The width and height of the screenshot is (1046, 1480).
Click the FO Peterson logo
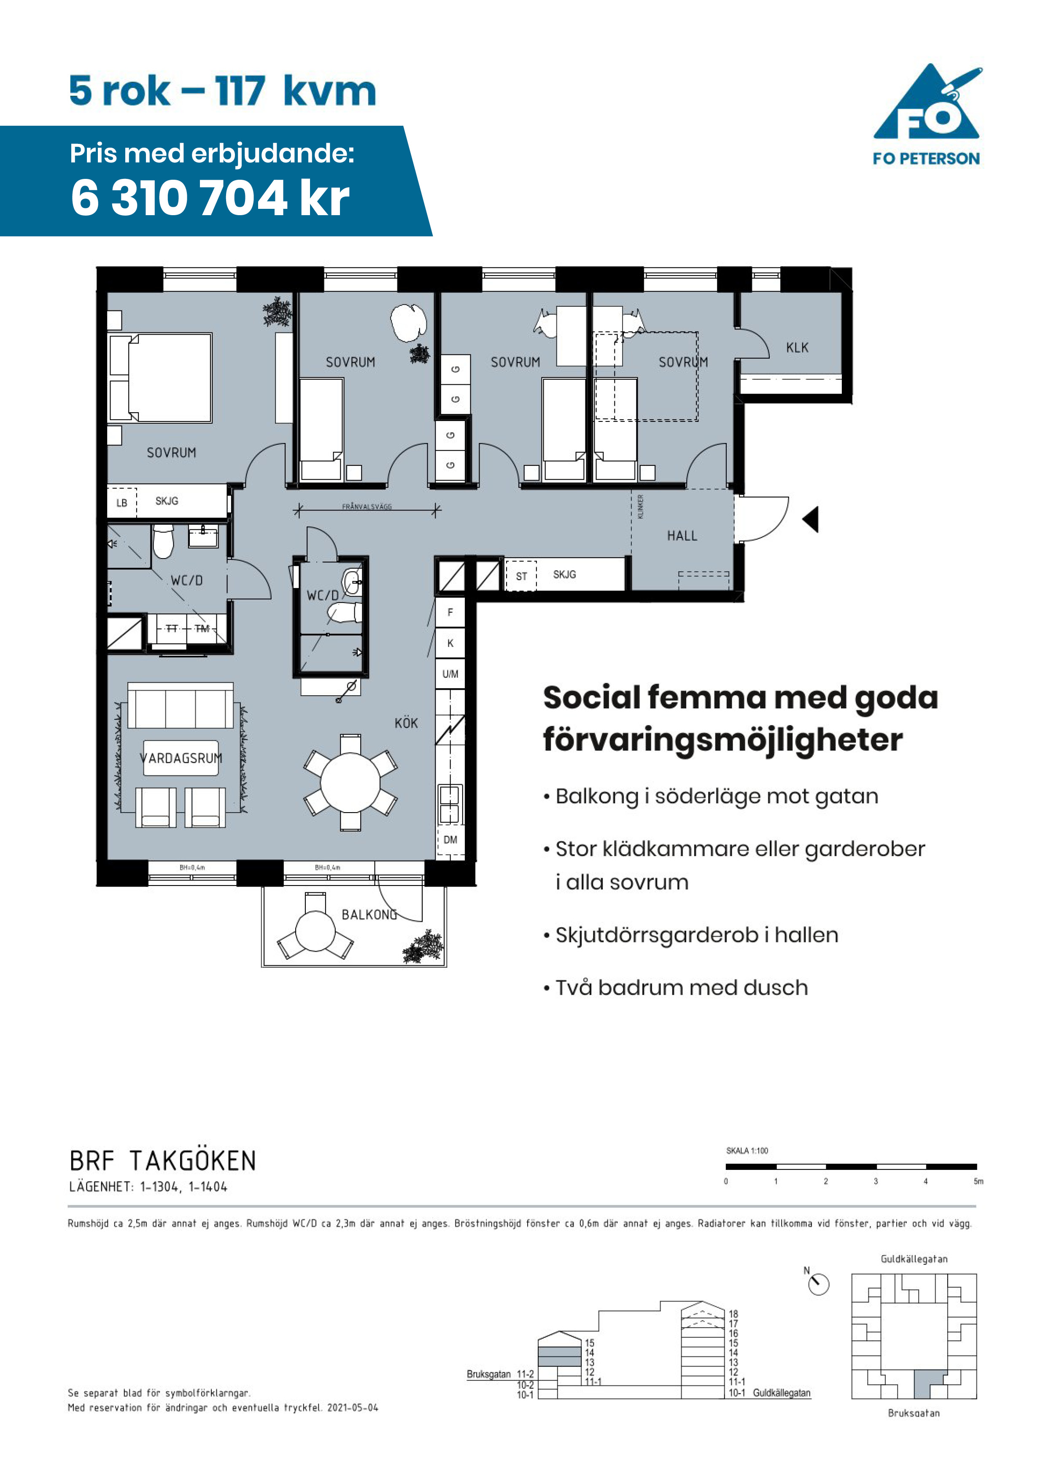point(927,115)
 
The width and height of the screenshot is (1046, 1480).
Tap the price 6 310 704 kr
point(210,197)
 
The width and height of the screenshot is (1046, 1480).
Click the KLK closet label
point(797,348)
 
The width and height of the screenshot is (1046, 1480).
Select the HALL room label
point(682,536)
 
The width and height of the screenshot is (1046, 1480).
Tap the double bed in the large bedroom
point(160,378)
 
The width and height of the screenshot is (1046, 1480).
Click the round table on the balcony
point(315,930)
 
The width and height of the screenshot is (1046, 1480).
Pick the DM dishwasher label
point(450,840)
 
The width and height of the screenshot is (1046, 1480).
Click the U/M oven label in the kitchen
point(450,674)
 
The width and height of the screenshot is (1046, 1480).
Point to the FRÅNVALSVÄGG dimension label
point(367,507)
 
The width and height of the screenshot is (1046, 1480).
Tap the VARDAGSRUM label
point(181,758)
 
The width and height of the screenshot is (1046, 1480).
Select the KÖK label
point(406,723)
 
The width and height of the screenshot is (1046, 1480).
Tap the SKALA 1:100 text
point(747,1151)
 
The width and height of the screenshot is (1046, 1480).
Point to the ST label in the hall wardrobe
point(521,576)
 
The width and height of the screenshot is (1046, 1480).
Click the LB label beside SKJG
point(122,503)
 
